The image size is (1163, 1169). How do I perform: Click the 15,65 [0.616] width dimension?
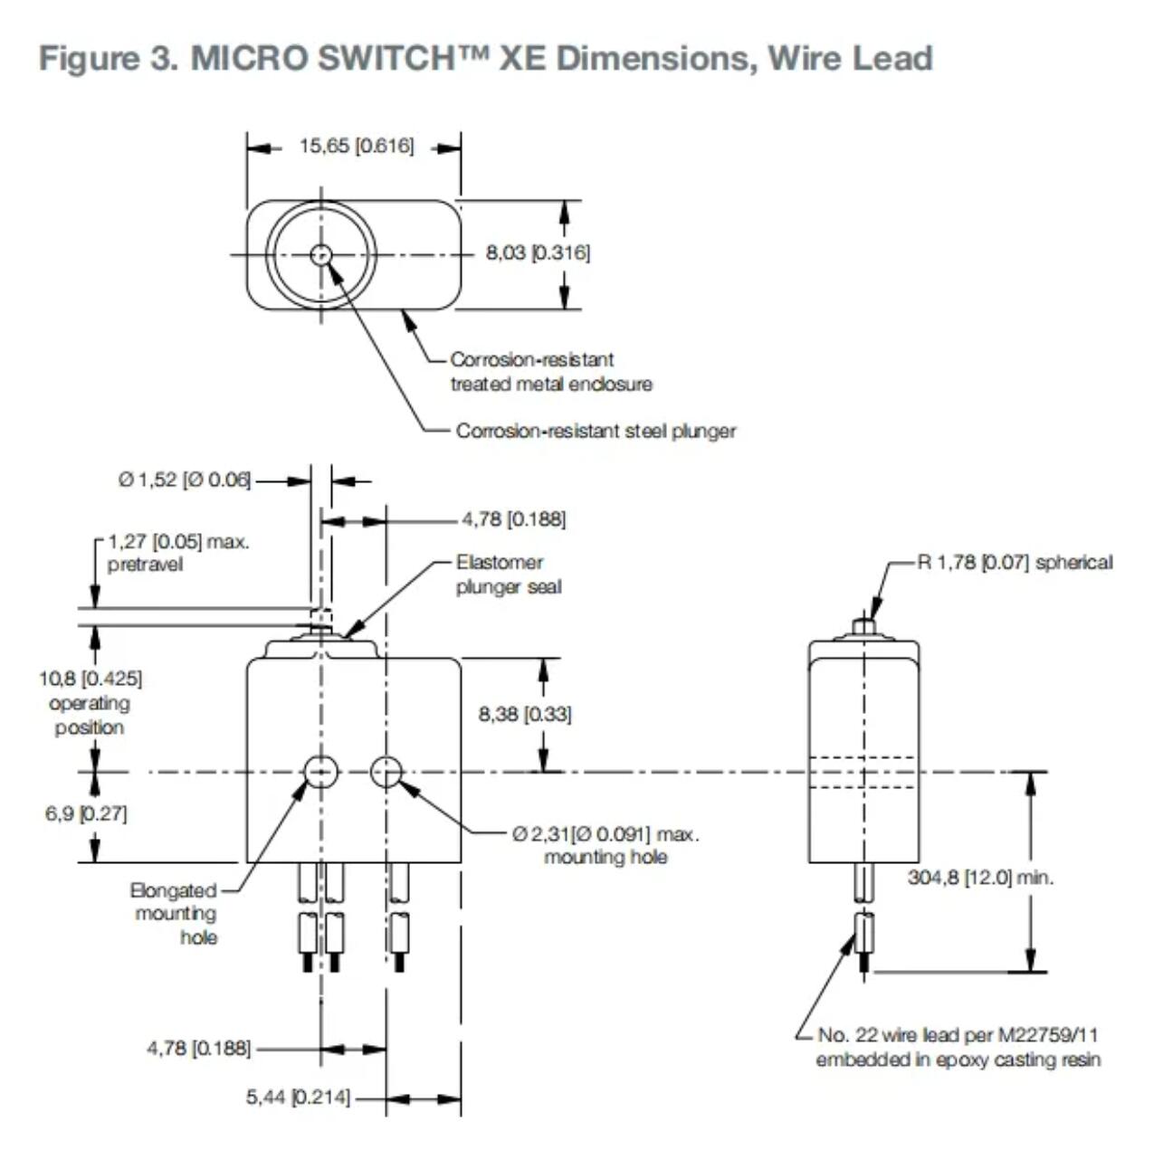pos(357,146)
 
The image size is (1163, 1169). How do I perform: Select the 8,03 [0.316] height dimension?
pos(538,252)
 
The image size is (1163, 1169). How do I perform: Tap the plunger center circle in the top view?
pos(320,255)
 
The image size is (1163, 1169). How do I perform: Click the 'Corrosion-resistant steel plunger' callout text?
pos(596,431)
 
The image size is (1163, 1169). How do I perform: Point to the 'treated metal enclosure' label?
pos(551,384)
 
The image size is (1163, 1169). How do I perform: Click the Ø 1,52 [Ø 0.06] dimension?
pos(184,480)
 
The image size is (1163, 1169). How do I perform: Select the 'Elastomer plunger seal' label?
pos(509,575)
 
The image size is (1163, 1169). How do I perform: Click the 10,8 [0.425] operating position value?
pos(90,678)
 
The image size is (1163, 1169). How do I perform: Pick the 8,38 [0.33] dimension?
pos(525,714)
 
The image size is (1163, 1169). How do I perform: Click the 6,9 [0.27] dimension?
pos(86,813)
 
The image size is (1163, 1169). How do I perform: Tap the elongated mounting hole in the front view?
pos(320,772)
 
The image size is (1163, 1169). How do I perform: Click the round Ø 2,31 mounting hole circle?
pos(386,772)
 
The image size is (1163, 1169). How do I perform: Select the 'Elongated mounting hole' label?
pos(175,914)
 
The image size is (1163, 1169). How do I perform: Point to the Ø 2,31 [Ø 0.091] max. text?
pos(605,833)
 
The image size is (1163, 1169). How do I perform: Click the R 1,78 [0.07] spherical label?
pos(1015,562)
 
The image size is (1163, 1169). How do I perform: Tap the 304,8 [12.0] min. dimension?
pos(981,877)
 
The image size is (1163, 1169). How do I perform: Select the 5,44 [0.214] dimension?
pos(298,1098)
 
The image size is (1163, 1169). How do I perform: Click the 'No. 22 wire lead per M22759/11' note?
pos(958,1034)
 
